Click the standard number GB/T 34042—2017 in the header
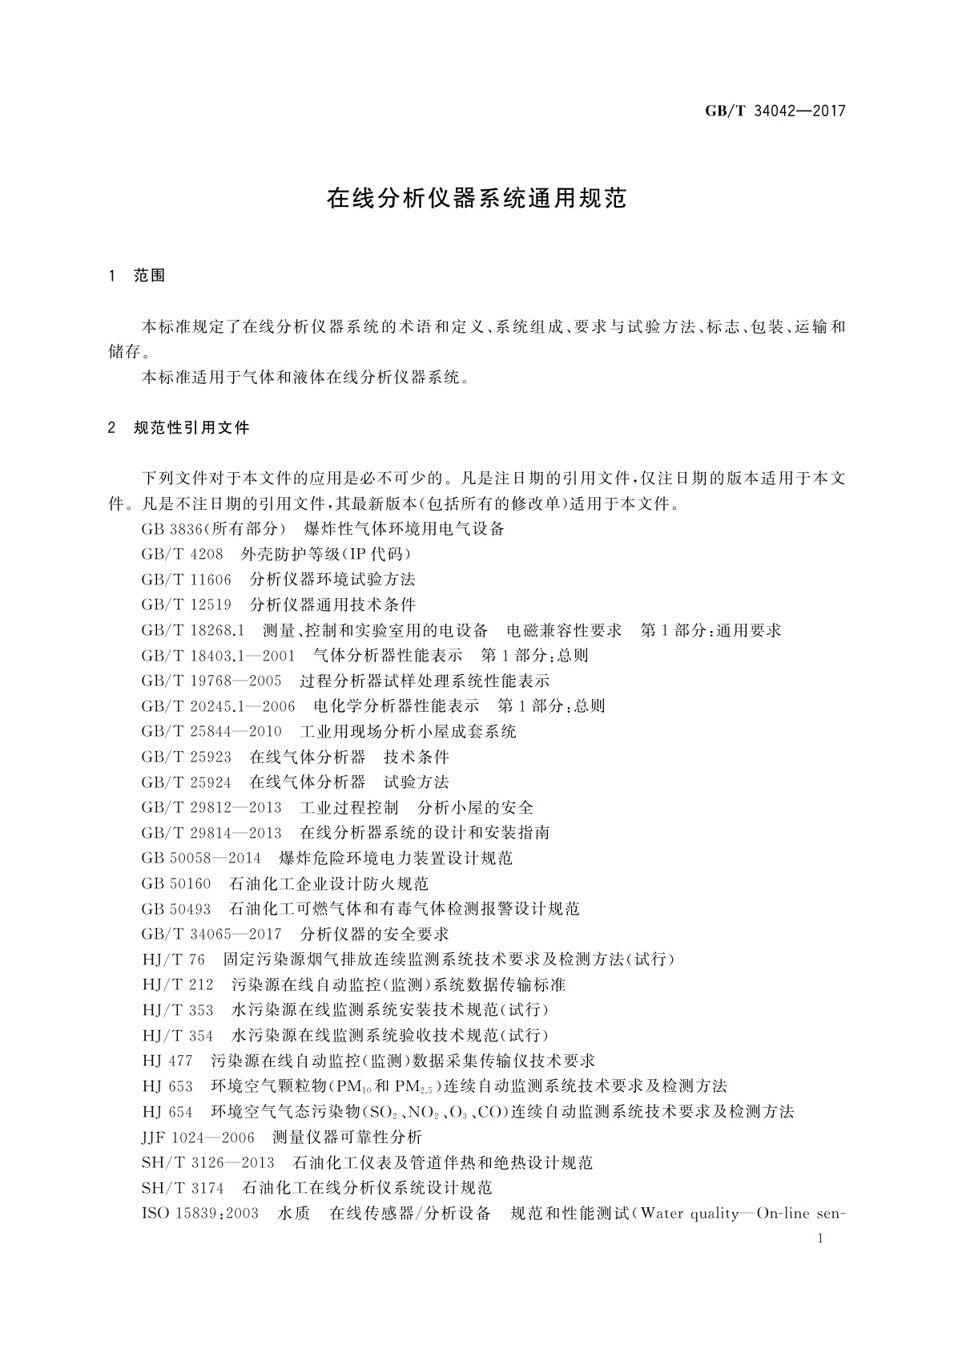click(x=775, y=111)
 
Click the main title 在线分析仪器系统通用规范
click(x=477, y=199)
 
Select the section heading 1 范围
click(x=137, y=276)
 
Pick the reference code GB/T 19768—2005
click(x=211, y=681)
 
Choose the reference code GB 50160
click(x=176, y=883)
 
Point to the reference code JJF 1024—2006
click(x=198, y=1137)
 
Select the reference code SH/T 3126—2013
click(x=207, y=1162)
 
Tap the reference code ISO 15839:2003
click(x=199, y=1213)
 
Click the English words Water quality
click(x=690, y=1213)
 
